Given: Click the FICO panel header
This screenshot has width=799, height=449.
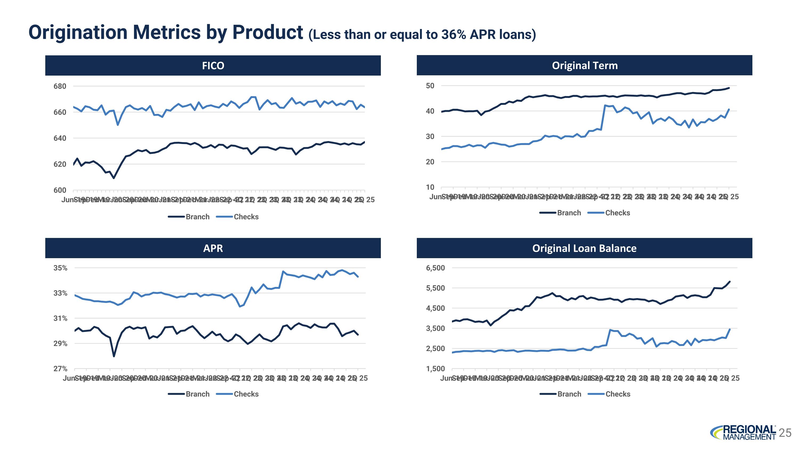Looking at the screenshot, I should point(213,65).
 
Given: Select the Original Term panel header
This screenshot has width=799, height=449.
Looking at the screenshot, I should point(584,65).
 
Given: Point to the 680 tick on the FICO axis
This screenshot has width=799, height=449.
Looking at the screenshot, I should point(60,86).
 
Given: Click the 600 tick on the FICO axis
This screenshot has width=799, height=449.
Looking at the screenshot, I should point(60,190).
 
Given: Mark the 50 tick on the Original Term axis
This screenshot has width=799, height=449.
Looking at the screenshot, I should point(430,85).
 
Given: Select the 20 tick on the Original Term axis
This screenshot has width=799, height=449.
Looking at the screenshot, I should point(430,162).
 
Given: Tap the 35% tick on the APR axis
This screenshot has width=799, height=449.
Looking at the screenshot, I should point(60,268).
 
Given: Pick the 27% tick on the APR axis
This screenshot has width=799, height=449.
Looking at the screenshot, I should point(60,369).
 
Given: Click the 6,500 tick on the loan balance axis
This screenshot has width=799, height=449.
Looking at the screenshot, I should point(435,268).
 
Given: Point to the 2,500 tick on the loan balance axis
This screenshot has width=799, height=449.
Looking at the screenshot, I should point(435,349).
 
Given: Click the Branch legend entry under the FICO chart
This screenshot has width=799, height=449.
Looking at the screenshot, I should point(189,217).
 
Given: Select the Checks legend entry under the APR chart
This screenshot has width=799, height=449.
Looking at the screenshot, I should point(238,394).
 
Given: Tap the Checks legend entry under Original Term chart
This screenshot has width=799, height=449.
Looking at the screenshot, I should point(609,213).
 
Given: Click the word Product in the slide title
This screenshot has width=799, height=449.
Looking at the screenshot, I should point(267,32).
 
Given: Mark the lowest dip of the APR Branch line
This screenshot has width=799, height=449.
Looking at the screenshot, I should point(114,356).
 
